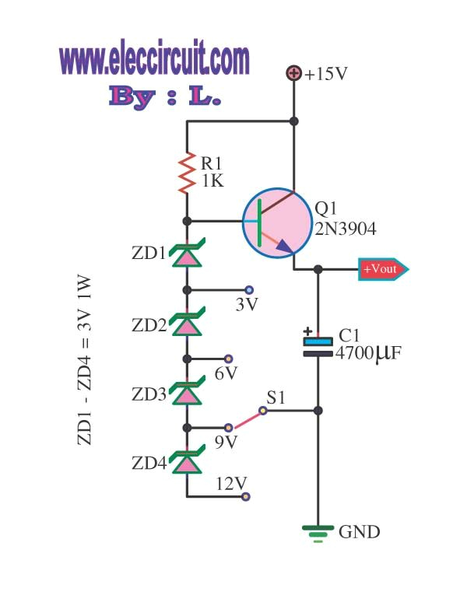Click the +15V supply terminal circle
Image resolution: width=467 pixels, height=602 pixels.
[294, 74]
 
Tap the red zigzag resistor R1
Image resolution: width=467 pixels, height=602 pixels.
[187, 173]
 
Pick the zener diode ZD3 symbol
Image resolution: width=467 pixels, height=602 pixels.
[186, 394]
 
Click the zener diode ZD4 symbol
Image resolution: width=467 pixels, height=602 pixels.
[186, 464]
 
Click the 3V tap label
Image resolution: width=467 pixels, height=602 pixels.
[246, 305]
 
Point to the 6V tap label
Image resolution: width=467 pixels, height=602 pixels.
[225, 374]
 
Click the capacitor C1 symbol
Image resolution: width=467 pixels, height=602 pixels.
[318, 346]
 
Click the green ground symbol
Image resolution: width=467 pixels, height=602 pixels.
[318, 532]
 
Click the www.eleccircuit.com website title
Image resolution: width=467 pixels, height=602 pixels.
[155, 59]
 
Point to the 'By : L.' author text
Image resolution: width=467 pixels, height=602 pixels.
[165, 96]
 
